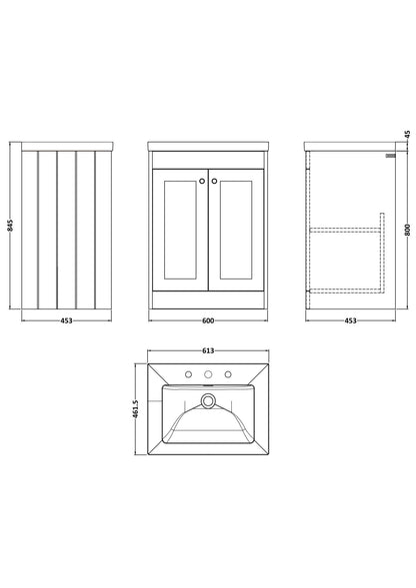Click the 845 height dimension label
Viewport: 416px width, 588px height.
[x=11, y=225]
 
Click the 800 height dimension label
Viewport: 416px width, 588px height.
[x=408, y=230]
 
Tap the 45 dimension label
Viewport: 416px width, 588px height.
[x=408, y=134]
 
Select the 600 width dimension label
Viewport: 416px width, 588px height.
[x=208, y=320]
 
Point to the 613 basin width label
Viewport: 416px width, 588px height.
[x=208, y=350]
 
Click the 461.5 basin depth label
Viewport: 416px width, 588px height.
[x=136, y=408]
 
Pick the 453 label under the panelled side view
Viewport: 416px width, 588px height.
[x=67, y=320]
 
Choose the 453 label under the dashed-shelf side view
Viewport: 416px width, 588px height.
[x=350, y=320]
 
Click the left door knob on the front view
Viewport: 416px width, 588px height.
[x=202, y=181]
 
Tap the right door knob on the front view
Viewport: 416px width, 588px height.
[x=214, y=181]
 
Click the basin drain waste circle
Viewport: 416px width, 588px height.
[x=207, y=400]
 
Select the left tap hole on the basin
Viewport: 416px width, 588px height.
[x=189, y=374]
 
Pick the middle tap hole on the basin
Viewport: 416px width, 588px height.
[x=208, y=374]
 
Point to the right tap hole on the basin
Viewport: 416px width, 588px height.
[x=228, y=374]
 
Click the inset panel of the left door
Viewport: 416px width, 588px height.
[x=180, y=230]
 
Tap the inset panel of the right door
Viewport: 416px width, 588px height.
[x=236, y=230]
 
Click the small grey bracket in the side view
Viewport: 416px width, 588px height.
[x=391, y=156]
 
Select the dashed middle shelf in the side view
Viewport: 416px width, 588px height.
[x=345, y=230]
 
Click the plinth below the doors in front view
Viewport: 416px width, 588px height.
[x=208, y=300]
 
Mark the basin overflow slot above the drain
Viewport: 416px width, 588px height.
[x=207, y=385]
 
